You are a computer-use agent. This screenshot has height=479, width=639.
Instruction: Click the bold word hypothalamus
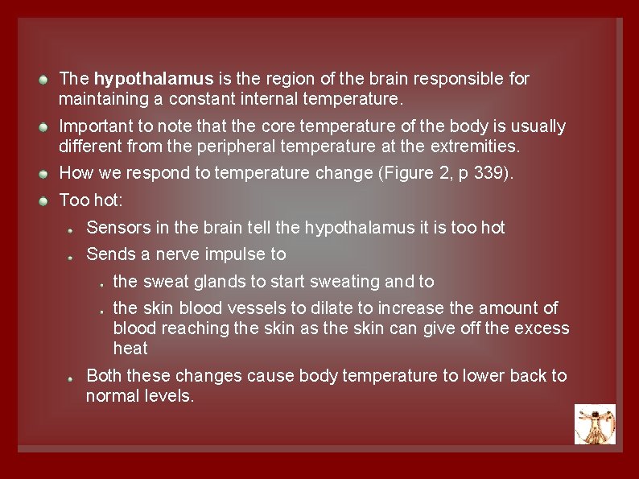coord(154,79)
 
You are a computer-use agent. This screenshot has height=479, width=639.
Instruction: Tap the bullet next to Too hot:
coord(47,200)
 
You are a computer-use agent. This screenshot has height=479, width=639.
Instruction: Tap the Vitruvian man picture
coord(595,424)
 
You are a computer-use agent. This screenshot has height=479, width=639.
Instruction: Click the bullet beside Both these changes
coord(72,377)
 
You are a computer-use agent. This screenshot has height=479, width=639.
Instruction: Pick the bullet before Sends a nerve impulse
coord(72,256)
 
